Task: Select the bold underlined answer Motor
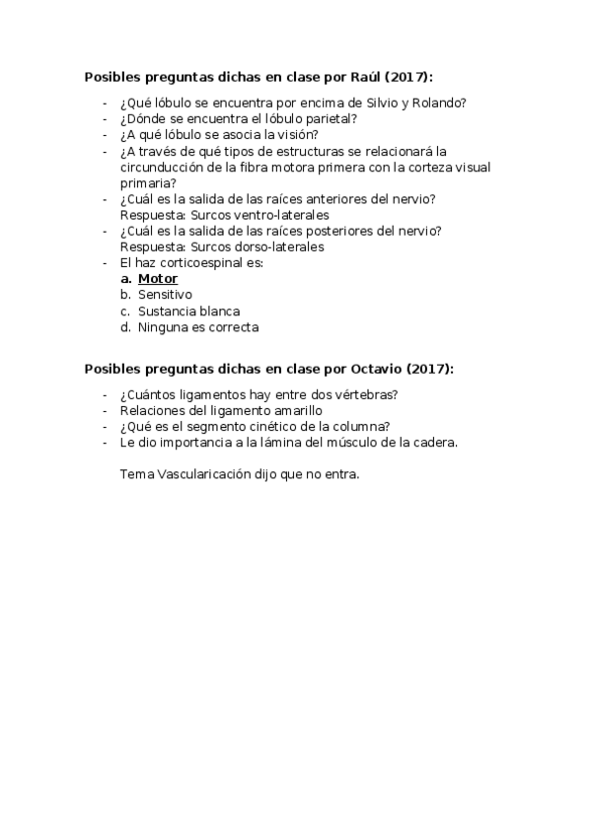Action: [x=158, y=279]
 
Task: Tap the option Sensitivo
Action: [x=165, y=295]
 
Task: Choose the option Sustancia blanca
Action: [x=188, y=312]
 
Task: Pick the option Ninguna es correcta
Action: [x=198, y=327]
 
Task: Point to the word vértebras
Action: [x=361, y=395]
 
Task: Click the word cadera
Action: [x=433, y=443]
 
